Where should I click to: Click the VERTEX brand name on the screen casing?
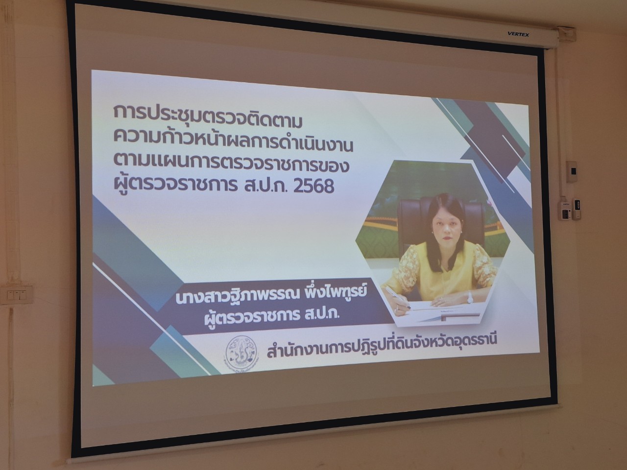518,35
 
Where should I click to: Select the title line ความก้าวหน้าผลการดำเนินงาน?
233,141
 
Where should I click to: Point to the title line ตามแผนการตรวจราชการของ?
231,164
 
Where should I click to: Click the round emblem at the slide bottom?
241,355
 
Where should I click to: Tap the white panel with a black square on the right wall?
572,172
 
